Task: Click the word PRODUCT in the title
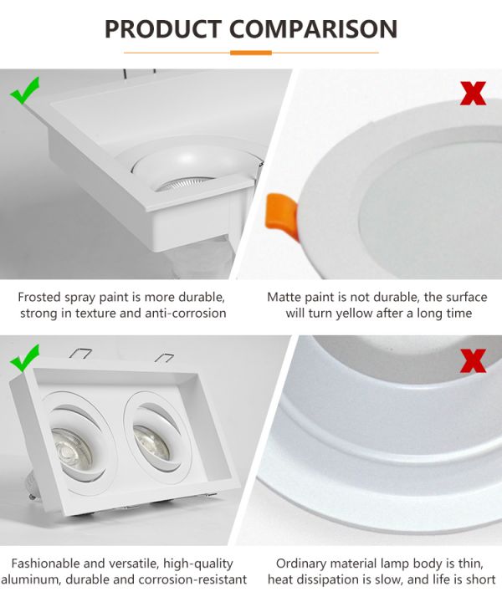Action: pos(162,29)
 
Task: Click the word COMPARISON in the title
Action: pos(313,29)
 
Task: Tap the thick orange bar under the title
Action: pos(251,53)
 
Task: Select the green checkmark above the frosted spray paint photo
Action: pos(24,90)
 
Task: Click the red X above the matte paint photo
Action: pos(473,94)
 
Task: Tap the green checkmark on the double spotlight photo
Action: pos(24,358)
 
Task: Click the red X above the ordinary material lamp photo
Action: pos(473,360)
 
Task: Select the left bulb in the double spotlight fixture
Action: pos(72,449)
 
